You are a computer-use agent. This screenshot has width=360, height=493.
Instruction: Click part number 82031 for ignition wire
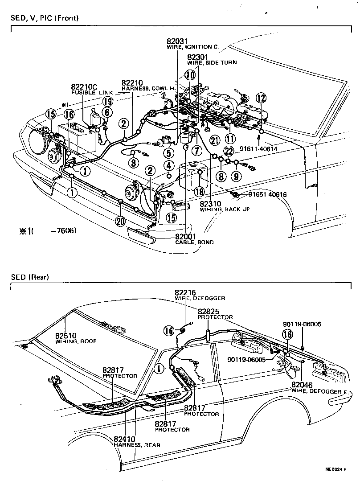point(176,42)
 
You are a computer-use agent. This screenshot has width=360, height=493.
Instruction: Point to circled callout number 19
point(107,102)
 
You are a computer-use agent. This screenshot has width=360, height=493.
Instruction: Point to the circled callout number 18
point(199,191)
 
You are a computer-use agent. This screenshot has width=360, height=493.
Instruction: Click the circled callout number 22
point(229,152)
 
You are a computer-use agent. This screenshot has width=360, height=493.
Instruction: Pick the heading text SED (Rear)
point(30,277)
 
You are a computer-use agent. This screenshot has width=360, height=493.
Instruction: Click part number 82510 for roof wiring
point(66,336)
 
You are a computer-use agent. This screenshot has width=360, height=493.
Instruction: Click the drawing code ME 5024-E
point(335,469)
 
